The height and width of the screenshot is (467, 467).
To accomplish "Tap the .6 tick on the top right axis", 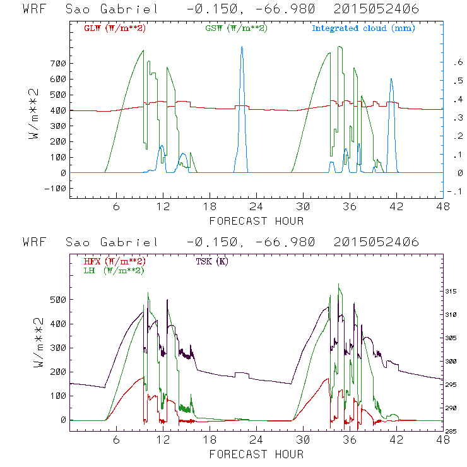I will (454, 63).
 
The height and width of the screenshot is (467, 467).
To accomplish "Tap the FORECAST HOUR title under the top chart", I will (256, 221).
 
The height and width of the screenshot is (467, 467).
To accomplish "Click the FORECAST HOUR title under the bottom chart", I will (256, 454).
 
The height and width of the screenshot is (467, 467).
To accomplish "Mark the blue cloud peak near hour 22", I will (241, 47).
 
